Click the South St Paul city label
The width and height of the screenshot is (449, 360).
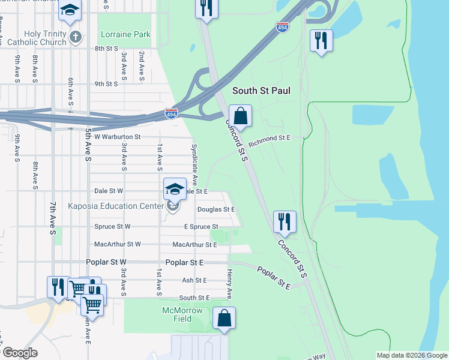[x=261, y=91]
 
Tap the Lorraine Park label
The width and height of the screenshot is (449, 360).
[x=125, y=34]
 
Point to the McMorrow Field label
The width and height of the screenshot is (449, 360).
[x=184, y=314]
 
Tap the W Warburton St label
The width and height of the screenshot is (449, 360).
[x=117, y=137]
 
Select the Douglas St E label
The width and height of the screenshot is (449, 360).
[x=215, y=209]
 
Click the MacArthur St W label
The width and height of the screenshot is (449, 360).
[x=118, y=244]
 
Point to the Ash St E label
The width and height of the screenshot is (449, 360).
[x=194, y=280]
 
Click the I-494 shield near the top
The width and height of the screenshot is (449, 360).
[x=282, y=27]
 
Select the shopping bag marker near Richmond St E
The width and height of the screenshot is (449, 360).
[x=240, y=116]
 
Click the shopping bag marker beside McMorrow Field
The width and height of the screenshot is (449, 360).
[x=224, y=318]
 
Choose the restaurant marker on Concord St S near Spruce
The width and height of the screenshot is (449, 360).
[x=283, y=221]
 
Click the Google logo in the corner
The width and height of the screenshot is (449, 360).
[x=19, y=353]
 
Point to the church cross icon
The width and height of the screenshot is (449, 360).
[x=75, y=37]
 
